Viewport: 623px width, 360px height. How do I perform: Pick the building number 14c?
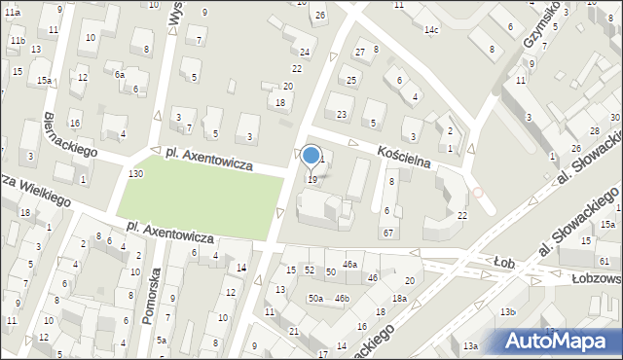[x=430, y=30]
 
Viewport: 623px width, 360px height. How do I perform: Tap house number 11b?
[x=18, y=41]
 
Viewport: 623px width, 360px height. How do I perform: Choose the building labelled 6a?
[x=119, y=74]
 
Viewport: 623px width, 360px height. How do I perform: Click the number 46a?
[x=349, y=264]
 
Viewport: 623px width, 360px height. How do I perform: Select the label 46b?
[x=341, y=298]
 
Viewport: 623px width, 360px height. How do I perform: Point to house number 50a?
[x=315, y=298]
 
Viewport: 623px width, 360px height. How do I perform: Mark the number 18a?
[x=399, y=298]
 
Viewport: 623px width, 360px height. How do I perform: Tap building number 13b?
[x=506, y=311]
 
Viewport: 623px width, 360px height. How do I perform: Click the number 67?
[x=387, y=233]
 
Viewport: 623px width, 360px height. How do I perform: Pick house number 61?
[x=605, y=261]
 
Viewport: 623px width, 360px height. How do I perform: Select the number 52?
[x=310, y=269]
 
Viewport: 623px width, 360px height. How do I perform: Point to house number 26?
[x=320, y=16]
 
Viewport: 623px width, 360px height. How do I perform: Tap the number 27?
[x=359, y=51]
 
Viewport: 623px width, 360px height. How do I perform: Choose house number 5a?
[x=162, y=341]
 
